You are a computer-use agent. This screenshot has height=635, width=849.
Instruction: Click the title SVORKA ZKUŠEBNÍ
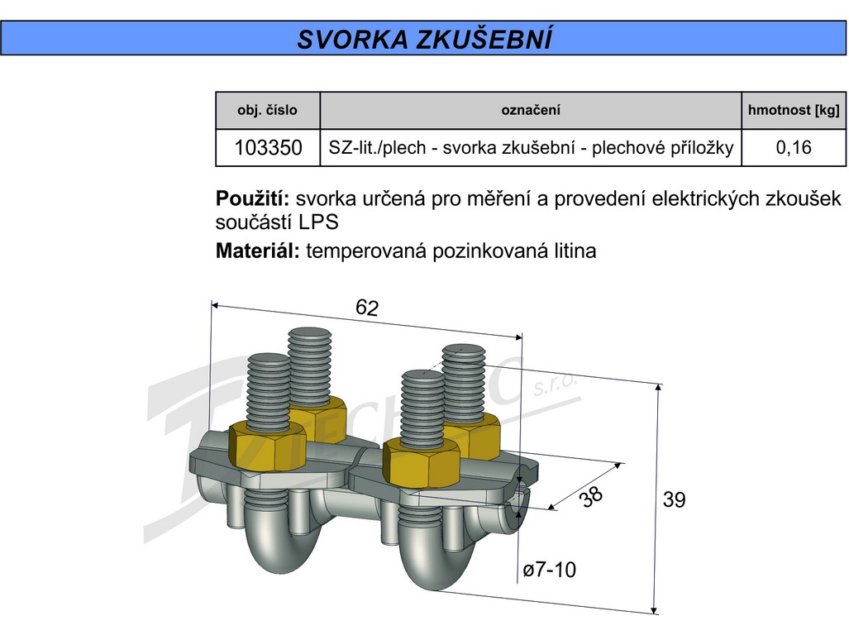pos(425,39)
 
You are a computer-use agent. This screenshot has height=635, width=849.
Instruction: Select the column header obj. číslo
pos(268,111)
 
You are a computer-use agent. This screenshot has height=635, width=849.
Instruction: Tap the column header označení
pos(531,111)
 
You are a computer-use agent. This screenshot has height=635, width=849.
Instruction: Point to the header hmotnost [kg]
pos(794,111)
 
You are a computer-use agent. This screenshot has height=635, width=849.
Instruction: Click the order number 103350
pos(268,147)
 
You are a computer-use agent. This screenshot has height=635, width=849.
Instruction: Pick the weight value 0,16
pos(794,147)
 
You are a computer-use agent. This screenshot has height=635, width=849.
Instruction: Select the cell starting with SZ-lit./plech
pos(531,147)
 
